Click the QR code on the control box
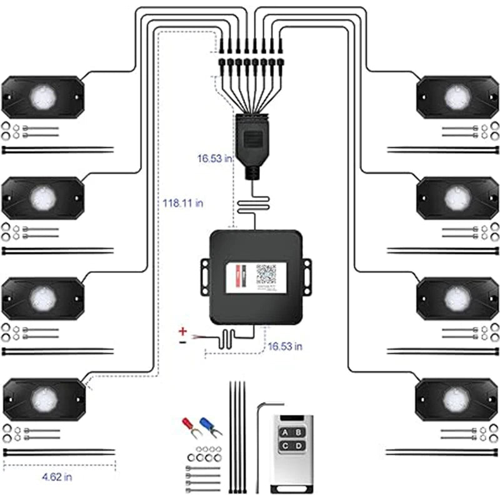[266, 274]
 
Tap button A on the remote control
[285, 431]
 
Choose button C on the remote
[285, 446]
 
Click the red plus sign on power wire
[183, 331]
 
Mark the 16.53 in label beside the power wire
[285, 346]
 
